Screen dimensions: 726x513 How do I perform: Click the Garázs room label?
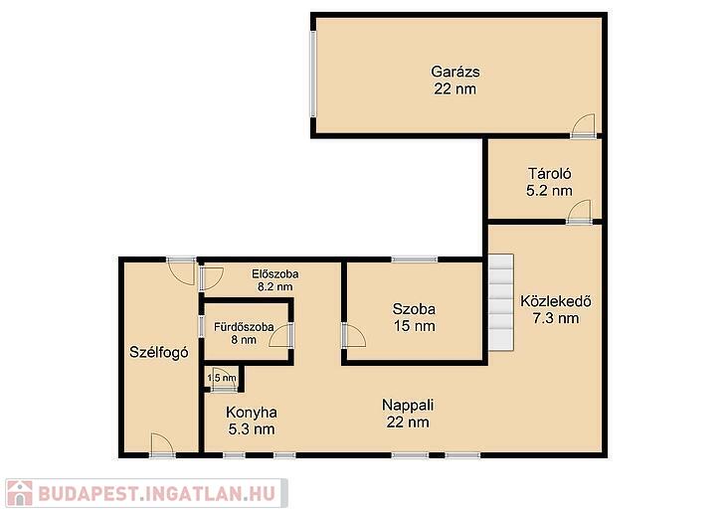[x=455, y=72]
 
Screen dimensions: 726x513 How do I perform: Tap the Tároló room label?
[x=550, y=174]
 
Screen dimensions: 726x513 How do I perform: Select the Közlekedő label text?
[x=556, y=301]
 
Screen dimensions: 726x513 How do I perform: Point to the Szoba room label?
[x=414, y=309]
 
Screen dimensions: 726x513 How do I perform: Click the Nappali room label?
[x=408, y=405]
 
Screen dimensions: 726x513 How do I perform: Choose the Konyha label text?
[x=252, y=412]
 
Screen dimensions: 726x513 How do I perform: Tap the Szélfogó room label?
[x=159, y=352]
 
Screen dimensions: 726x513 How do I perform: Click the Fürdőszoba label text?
[x=244, y=327]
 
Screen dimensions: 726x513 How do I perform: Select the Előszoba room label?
[x=275, y=274]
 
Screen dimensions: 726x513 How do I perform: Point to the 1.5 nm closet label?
[x=222, y=378]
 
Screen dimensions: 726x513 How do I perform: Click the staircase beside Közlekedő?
[x=501, y=302]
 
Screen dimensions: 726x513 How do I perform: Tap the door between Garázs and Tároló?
[x=583, y=126]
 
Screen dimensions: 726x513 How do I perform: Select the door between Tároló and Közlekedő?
[x=579, y=213]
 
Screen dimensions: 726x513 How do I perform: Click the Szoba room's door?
[x=354, y=335]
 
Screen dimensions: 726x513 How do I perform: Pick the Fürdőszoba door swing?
[x=281, y=335]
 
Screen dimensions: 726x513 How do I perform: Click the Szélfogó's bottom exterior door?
[x=161, y=445]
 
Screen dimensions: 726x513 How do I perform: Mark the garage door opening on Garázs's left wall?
[x=313, y=75]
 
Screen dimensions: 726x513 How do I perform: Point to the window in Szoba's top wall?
[x=414, y=259]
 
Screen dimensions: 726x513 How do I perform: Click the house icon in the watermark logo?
[x=20, y=493]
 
